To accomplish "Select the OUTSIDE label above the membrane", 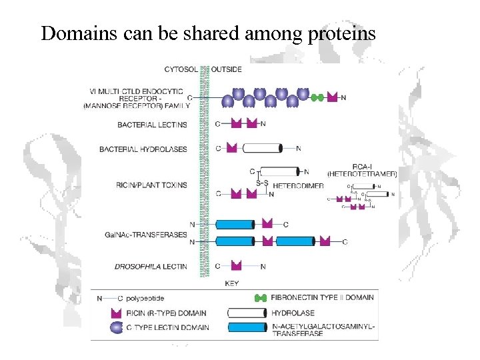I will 227,69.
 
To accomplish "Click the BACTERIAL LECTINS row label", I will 152,125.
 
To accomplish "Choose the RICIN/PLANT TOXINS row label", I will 152,185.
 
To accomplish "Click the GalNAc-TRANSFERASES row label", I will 146,235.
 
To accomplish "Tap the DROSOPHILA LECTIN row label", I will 151,267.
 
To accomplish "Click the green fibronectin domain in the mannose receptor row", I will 317,98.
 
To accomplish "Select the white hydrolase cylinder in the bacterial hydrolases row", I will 262,148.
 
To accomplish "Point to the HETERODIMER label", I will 298,186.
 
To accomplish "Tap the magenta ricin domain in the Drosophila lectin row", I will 234,266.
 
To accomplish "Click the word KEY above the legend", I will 232,283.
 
